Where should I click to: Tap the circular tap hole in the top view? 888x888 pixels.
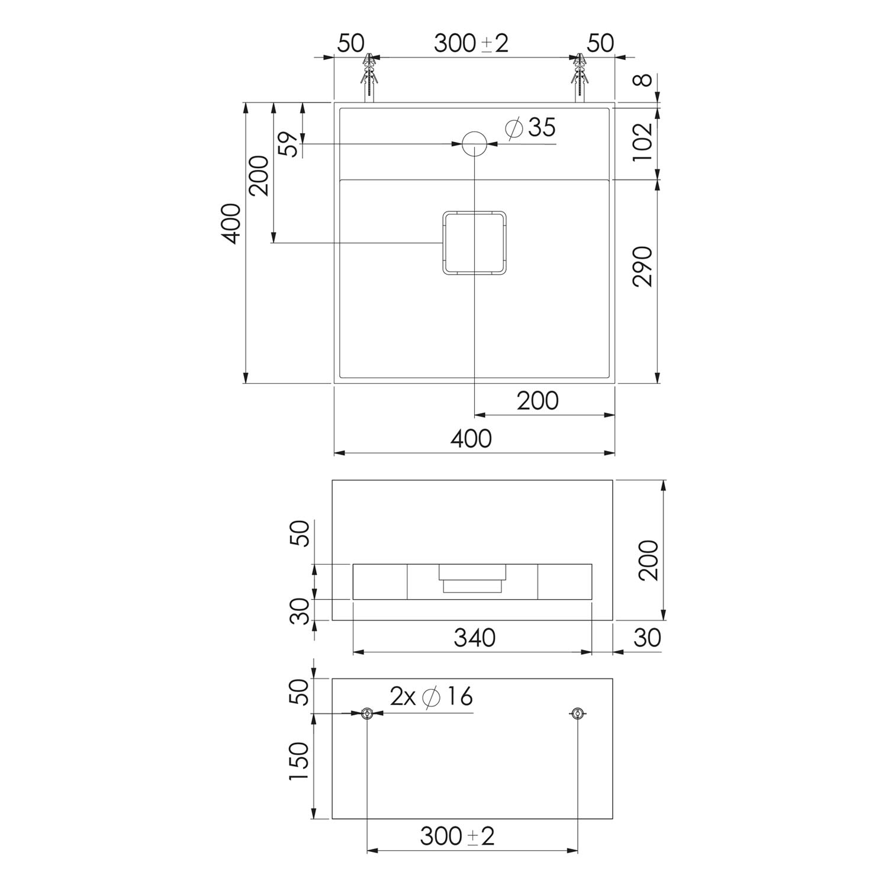click(x=474, y=143)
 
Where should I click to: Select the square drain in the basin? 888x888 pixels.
click(x=475, y=243)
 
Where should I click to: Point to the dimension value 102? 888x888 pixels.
click(x=642, y=141)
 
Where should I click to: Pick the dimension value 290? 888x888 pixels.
click(x=642, y=266)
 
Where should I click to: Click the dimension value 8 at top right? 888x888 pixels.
click(x=645, y=79)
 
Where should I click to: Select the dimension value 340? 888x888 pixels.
click(x=474, y=638)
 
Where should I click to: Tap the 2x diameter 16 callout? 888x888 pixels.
click(x=432, y=697)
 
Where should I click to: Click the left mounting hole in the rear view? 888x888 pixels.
click(x=368, y=713)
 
